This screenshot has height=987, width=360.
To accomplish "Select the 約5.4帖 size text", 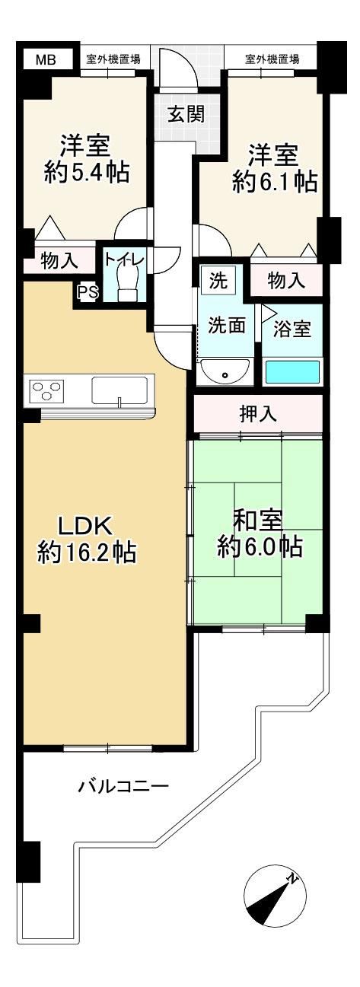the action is click(87, 172).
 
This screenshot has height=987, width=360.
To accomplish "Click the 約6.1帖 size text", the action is click(275, 181).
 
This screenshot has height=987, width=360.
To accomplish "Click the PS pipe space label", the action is click(88, 291).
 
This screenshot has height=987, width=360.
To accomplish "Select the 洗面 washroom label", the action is click(227, 325).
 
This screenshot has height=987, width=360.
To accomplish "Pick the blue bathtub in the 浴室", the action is click(292, 372).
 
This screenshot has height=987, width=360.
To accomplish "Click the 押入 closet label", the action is click(258, 414).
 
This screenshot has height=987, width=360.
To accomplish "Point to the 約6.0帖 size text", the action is click(260, 547).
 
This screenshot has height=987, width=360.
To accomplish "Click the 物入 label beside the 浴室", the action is click(287, 281).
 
